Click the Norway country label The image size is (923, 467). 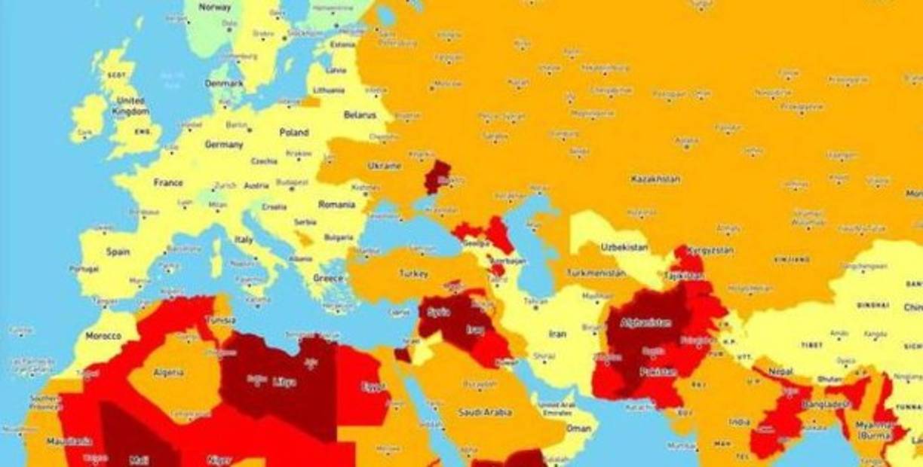[214, 7]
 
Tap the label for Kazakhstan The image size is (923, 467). [655, 179]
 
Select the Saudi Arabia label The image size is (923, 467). [485, 412]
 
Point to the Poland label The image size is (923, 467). [294, 132]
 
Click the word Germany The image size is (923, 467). [224, 144]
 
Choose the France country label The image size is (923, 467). [168, 182]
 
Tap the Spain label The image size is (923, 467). [118, 252]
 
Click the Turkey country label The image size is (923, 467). [413, 273]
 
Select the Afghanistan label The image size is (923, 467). [645, 322]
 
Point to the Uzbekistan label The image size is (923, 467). [624, 247]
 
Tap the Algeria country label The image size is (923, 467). [169, 372]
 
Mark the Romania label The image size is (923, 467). [336, 204]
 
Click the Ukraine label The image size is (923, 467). [384, 166]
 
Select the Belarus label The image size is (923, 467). [359, 114]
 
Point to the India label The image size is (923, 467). [740, 422]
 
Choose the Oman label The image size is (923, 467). [578, 428]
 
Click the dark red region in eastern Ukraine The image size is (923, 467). [437, 176]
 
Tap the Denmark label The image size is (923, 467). [225, 83]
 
